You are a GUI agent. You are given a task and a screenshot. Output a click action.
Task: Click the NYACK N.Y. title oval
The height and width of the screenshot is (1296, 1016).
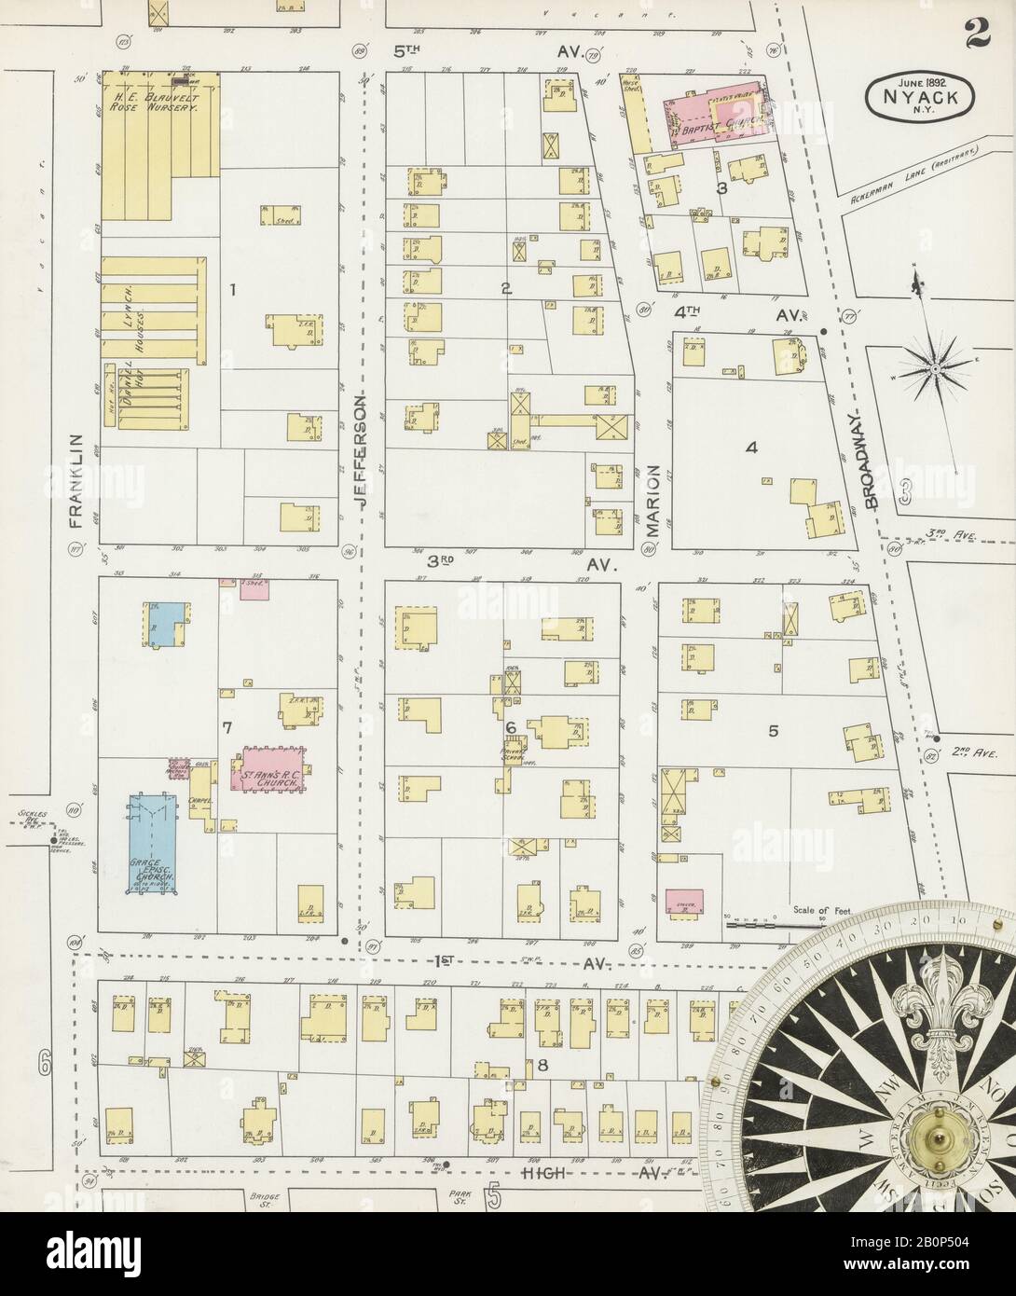point(921,93)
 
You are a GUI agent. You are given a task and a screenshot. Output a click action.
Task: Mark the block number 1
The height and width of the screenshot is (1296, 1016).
point(233,290)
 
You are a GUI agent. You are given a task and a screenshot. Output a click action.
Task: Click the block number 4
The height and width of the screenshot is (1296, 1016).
point(749,448)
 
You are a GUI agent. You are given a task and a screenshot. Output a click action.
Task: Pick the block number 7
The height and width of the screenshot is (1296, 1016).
point(227,724)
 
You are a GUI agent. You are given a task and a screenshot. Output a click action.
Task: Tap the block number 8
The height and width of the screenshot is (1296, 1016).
point(541,1065)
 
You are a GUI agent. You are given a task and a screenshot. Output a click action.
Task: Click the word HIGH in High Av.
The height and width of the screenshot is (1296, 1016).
point(544,1172)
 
